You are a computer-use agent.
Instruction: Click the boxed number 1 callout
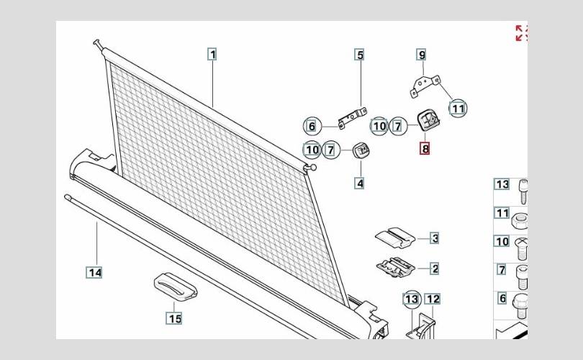tap(212, 55)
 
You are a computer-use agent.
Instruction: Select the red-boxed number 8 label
tap(425, 148)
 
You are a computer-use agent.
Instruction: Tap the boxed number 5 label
tap(360, 55)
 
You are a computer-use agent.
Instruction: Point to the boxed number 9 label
tap(421, 55)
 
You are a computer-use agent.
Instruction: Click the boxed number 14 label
tap(95, 273)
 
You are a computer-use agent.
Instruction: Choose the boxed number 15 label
tap(174, 318)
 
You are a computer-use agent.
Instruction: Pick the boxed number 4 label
tap(359, 184)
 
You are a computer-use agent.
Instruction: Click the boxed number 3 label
tap(434, 238)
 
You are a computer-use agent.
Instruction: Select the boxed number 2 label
tap(434, 269)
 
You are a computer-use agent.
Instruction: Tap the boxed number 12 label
tap(433, 299)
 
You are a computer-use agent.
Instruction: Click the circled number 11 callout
tap(458, 109)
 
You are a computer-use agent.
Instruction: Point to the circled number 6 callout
tap(312, 127)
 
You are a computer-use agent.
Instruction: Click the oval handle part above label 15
tap(176, 287)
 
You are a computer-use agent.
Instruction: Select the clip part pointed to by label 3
tap(395, 238)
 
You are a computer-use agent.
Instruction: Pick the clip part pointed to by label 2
tap(396, 267)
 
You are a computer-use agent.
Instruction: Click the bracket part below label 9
tap(425, 86)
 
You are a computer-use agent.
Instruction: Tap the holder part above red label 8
tap(428, 120)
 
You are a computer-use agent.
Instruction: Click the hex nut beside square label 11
tap(520, 222)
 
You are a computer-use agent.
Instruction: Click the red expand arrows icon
tap(521, 32)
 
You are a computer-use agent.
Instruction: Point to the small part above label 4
tap(361, 150)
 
